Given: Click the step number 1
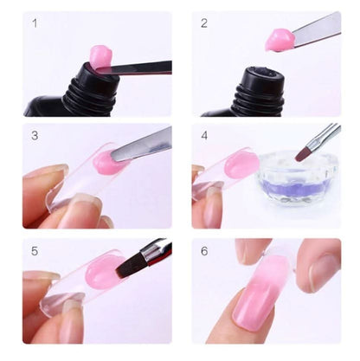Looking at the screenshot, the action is (x=35, y=23).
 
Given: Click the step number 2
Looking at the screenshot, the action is (x=204, y=23).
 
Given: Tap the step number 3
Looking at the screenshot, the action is (x=35, y=136).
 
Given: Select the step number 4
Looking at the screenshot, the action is (x=204, y=136).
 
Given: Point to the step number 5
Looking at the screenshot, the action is (x=35, y=251).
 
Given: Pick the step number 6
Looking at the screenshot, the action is (x=204, y=251).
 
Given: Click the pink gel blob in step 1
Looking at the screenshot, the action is (x=101, y=55).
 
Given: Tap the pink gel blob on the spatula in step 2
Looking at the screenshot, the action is (x=279, y=40).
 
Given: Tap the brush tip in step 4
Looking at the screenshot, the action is (x=303, y=152).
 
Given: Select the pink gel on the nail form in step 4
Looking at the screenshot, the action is (x=241, y=164).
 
